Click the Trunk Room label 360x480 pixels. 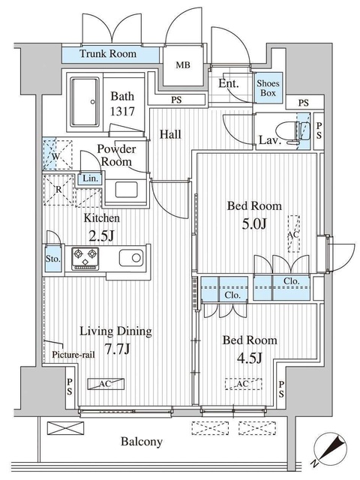[x=108, y=54]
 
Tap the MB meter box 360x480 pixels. [x=183, y=65]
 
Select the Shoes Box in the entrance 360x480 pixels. [x=268, y=88]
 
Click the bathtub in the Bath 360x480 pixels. [x=85, y=102]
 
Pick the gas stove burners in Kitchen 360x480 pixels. [x=85, y=259]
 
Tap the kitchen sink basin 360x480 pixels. [x=131, y=258]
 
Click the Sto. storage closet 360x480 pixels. [x=53, y=259]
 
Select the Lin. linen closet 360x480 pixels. [x=91, y=178]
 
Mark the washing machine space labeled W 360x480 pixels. [x=57, y=154]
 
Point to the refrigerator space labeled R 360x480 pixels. [x=58, y=190]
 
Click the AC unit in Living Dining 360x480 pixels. [x=106, y=384]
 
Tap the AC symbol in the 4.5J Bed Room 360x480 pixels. [x=244, y=384]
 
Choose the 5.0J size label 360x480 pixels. [x=254, y=224]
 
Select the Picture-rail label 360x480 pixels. [x=73, y=355]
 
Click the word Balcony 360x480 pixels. [x=142, y=442]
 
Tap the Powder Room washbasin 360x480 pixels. [x=126, y=190]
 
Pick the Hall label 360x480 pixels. [x=170, y=134]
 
